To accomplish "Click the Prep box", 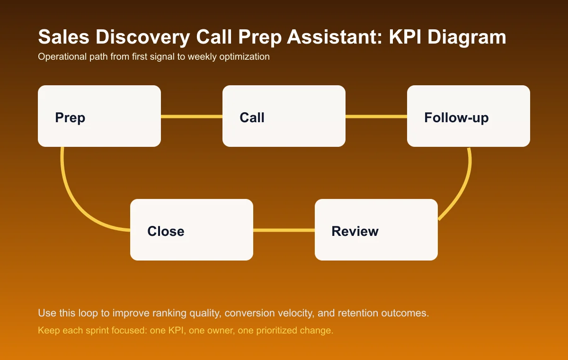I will coord(99,116).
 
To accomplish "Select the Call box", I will coord(284,116).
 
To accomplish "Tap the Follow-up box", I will coord(469,116).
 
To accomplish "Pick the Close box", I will coord(192,230).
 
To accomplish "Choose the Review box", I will coord(376,230).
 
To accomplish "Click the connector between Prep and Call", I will coord(192,117).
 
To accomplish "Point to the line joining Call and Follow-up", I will coord(376,117).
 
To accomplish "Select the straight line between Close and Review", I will coord(284,230).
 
